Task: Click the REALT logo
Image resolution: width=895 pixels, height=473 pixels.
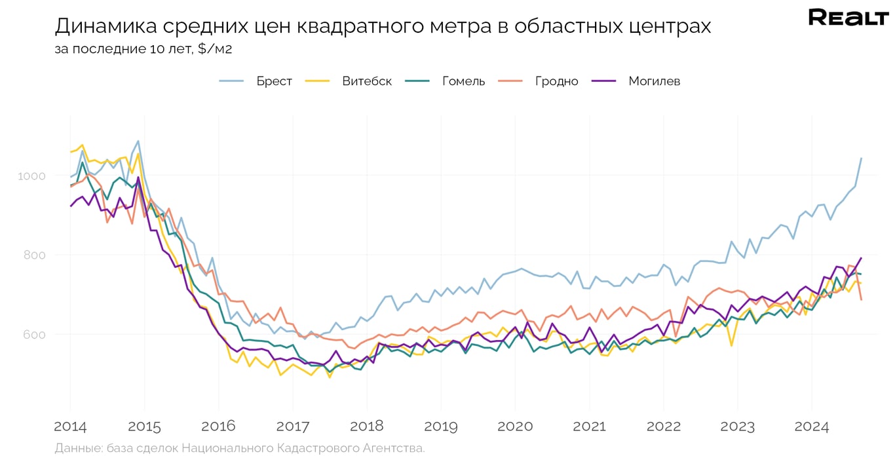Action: (x=848, y=18)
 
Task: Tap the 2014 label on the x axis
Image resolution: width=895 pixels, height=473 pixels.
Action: (x=70, y=427)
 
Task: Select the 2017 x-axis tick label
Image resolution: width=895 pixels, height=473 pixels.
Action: (x=293, y=427)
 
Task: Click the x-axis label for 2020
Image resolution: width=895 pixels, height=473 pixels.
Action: (x=515, y=427)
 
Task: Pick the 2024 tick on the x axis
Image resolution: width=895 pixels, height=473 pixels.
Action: (x=811, y=427)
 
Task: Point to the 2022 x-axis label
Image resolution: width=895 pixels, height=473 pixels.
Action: (x=663, y=427)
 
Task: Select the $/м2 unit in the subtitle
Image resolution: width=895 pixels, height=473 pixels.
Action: (x=215, y=49)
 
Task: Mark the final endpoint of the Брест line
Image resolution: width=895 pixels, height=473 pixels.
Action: (x=861, y=158)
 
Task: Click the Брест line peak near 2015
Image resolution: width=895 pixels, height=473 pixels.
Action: (x=138, y=141)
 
